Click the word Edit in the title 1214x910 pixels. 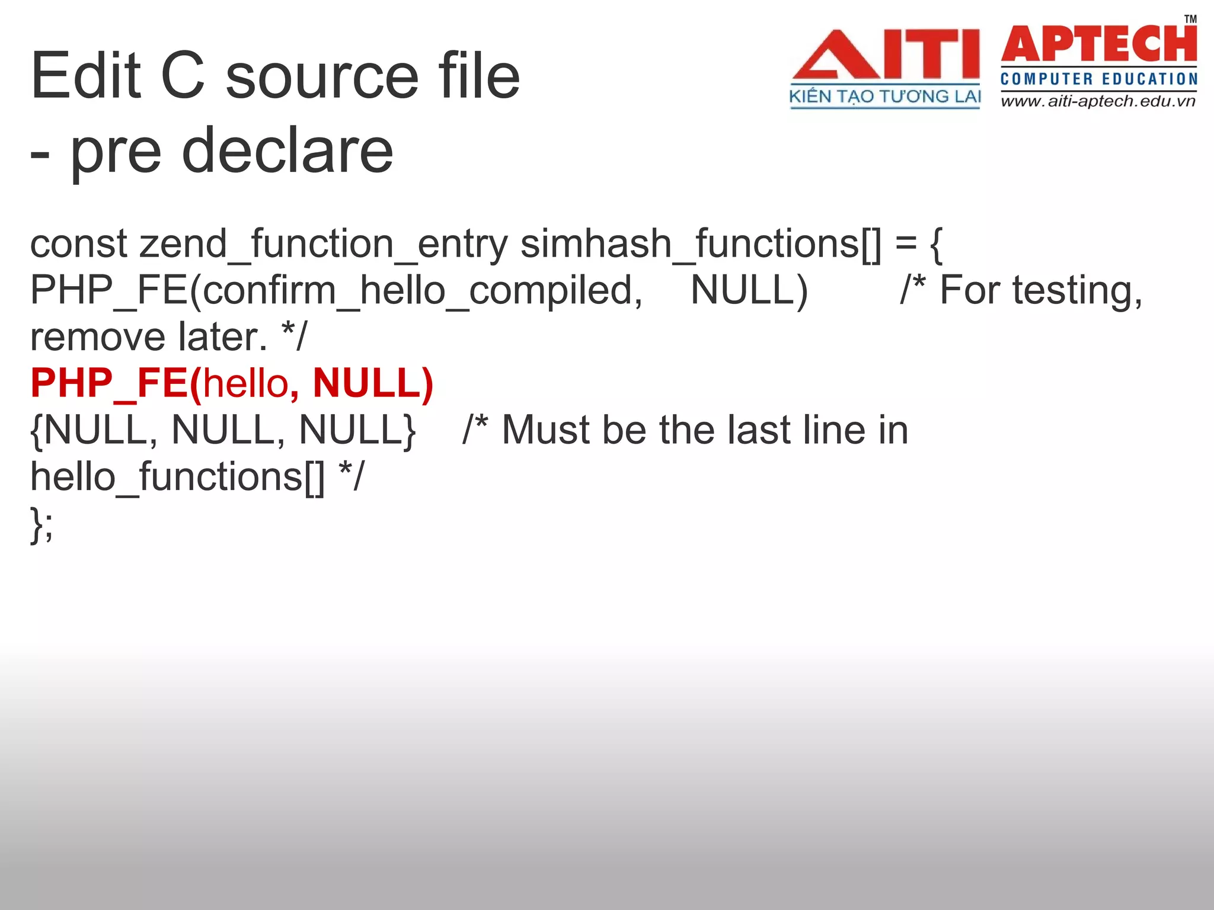(x=85, y=76)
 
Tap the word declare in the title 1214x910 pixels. (x=287, y=151)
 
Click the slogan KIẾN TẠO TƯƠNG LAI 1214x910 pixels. (x=885, y=97)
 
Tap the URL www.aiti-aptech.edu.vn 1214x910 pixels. (x=1098, y=101)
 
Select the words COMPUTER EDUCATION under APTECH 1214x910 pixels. (x=1098, y=79)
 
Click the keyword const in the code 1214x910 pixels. (x=79, y=244)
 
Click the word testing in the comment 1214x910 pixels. (x=1076, y=291)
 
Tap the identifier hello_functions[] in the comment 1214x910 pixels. (x=178, y=476)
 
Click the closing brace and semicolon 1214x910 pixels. (x=41, y=524)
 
